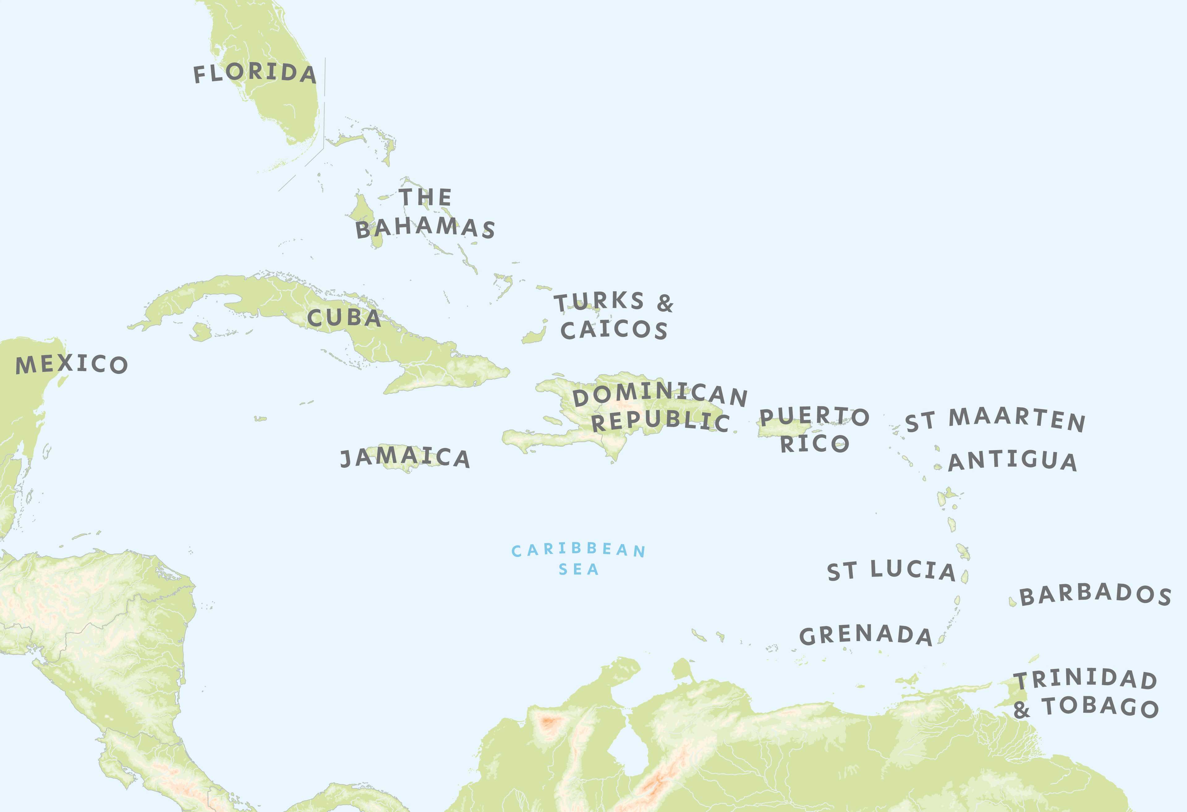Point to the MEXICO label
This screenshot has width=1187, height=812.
(x=71, y=364)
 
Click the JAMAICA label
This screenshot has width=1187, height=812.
(x=405, y=457)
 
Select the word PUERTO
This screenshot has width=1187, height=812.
(x=814, y=416)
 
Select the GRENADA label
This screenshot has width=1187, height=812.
(x=866, y=635)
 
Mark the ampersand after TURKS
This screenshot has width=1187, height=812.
(x=665, y=303)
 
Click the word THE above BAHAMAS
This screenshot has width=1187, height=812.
(x=425, y=197)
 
